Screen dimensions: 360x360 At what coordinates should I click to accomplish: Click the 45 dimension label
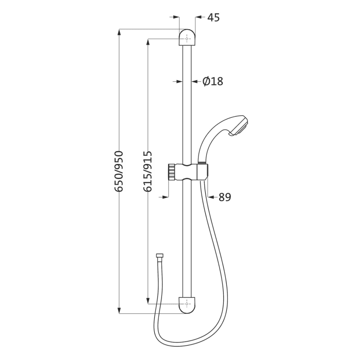pyautogui.click(x=213, y=17)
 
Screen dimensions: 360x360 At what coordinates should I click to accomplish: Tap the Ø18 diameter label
pyautogui.click(x=212, y=81)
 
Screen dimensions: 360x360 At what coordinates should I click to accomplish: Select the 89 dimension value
pyautogui.click(x=225, y=197)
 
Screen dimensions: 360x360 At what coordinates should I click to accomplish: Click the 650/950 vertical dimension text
pyautogui.click(x=119, y=171)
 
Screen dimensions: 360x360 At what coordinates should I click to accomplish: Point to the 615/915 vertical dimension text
pyautogui.click(x=148, y=171)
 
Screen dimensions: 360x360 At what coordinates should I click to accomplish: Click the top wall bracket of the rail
pyautogui.click(x=187, y=38)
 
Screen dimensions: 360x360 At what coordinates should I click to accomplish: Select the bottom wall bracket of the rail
pyautogui.click(x=187, y=304)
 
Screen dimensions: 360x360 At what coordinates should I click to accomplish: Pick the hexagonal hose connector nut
pyautogui.click(x=160, y=256)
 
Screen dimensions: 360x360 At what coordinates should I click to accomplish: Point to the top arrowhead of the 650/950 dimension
pyautogui.click(x=119, y=32)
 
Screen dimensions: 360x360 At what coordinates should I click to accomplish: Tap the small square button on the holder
pyautogui.click(x=204, y=168)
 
